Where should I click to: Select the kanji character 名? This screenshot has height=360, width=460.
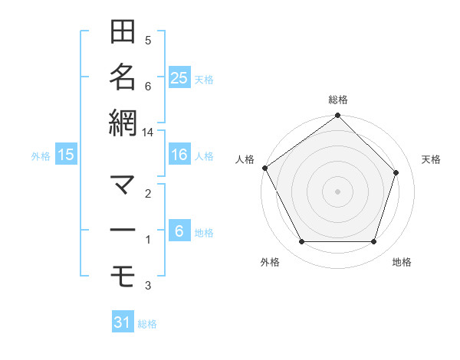123,77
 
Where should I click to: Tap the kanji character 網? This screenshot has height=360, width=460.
123,122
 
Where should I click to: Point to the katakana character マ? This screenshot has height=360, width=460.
123,185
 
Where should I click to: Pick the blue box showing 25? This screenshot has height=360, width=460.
179,77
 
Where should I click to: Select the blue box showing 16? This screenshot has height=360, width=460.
179,155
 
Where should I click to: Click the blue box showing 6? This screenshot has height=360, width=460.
179,231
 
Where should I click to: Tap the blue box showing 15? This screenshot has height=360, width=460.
66,155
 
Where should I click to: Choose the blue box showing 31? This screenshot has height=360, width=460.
123,322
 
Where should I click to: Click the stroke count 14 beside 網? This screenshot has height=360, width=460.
148,133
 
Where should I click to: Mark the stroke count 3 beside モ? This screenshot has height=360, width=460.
148,286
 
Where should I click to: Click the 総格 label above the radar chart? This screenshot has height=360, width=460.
338,100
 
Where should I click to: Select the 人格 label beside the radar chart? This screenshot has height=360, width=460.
245,159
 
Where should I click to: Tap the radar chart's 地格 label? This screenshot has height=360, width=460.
402,263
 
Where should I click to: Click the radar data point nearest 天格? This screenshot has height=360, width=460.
396,172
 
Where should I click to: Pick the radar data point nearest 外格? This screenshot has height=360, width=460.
301,242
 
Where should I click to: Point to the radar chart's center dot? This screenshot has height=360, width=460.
338,191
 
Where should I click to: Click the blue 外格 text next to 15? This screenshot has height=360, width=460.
41,155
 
